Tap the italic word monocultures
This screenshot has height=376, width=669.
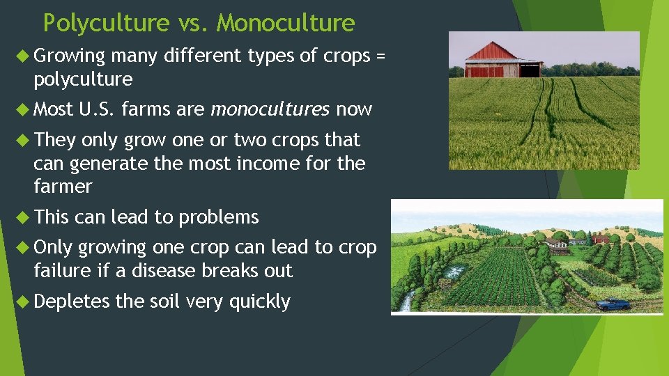point(270,110)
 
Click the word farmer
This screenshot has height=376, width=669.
point(63,187)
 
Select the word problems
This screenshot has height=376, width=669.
point(219,217)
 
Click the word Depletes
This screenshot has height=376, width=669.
point(72,301)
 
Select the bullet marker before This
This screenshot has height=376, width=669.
point(24,217)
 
